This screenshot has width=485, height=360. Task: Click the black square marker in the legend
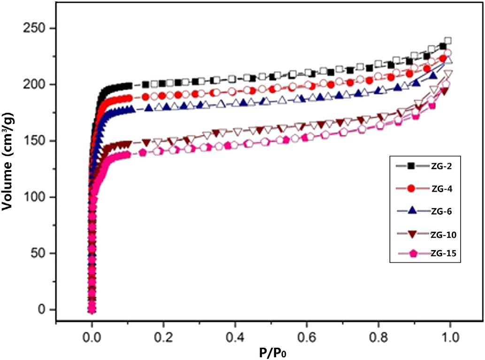[x=410, y=165]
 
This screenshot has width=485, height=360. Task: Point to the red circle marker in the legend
[x=411, y=188]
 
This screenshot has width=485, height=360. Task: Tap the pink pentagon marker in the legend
[x=411, y=254]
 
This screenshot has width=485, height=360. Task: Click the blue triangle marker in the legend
[x=411, y=211]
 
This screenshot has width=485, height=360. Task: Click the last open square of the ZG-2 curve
[x=448, y=41]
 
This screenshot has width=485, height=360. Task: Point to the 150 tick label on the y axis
[x=38, y=141]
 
